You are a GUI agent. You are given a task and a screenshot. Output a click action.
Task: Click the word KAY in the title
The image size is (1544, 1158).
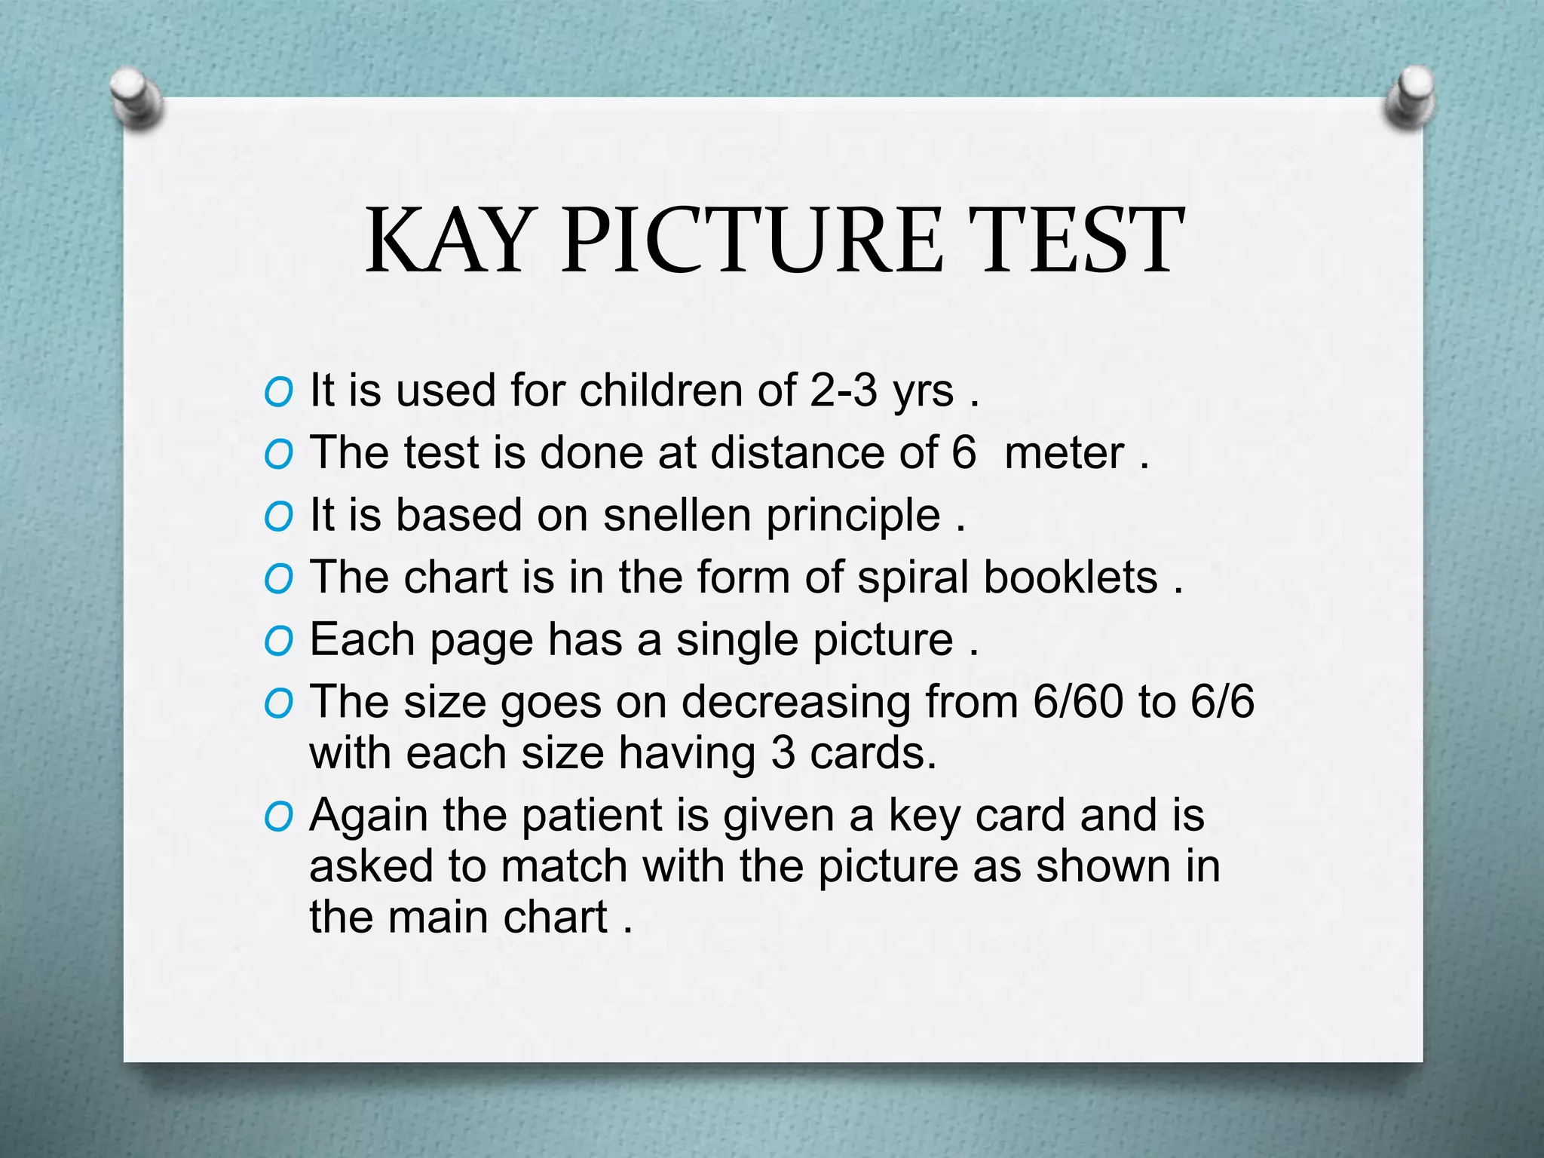448,241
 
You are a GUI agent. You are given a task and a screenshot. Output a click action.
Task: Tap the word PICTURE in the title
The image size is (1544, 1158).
752,241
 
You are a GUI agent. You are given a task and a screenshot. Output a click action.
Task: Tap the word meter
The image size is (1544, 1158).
1064,453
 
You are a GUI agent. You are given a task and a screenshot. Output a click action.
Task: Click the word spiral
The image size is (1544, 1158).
912,577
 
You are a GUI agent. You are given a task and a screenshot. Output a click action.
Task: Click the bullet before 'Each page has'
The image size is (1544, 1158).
278,642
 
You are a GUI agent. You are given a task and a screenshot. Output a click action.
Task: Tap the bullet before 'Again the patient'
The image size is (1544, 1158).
278,817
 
